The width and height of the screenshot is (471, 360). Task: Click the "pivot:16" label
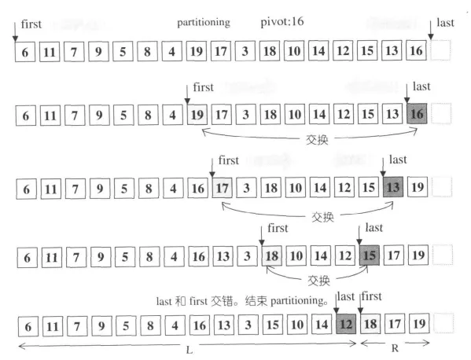tap(282, 22)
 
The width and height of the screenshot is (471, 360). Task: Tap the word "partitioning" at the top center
tap(204, 23)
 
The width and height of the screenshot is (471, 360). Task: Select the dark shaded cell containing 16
tap(417, 113)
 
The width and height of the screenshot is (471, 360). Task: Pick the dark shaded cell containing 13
tap(393, 187)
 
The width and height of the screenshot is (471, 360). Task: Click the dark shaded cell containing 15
tap(369, 255)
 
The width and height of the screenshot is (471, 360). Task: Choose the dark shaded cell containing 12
tap(346, 324)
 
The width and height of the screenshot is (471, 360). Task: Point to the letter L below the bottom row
tap(189, 350)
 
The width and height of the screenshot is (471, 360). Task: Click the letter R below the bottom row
tap(395, 348)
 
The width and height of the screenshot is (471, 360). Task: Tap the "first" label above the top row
tap(31, 24)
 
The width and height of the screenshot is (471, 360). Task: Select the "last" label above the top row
tap(445, 23)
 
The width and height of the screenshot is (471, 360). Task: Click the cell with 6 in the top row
tap(25, 52)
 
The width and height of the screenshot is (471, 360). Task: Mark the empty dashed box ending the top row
tap(440, 50)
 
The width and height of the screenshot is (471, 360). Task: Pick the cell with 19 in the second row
tap(197, 115)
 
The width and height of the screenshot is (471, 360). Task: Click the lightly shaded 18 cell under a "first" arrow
tap(272, 255)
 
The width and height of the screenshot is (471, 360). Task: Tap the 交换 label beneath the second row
tap(317, 140)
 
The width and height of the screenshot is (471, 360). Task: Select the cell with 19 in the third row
tap(418, 187)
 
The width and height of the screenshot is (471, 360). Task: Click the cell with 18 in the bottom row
tap(370, 324)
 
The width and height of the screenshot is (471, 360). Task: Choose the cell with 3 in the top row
tap(245, 51)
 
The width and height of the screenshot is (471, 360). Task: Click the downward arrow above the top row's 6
tap(15, 31)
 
